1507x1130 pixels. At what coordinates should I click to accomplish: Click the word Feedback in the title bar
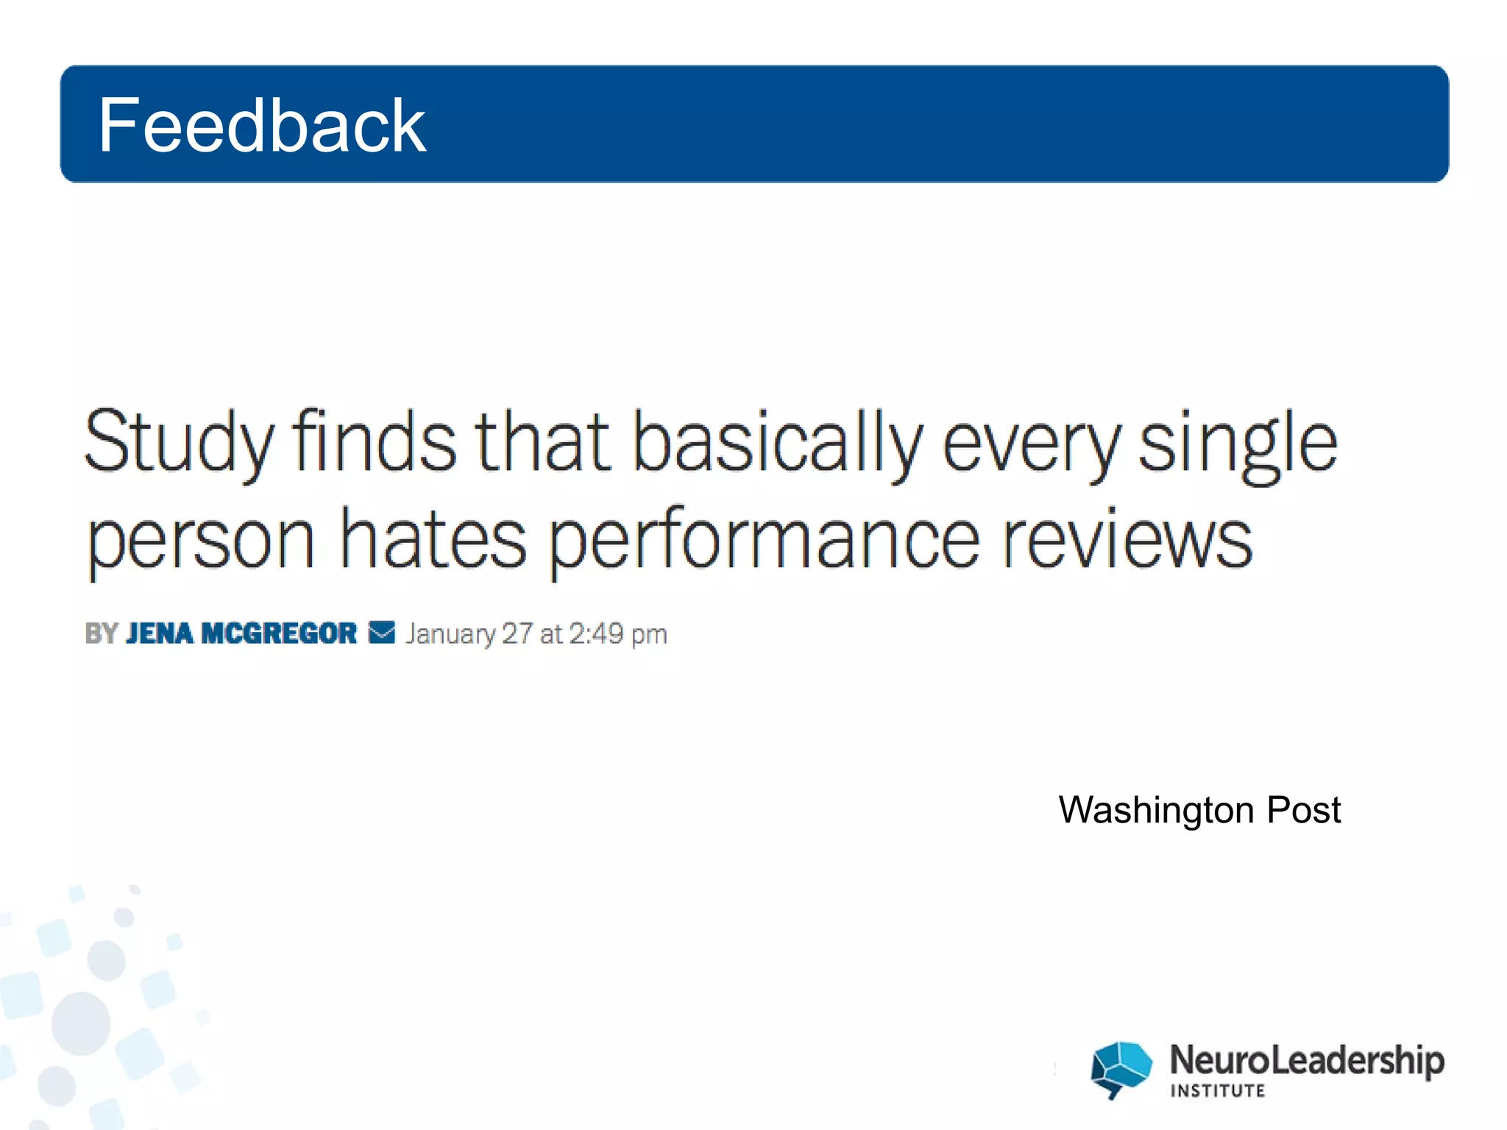261,125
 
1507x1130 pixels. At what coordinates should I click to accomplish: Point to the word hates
433,540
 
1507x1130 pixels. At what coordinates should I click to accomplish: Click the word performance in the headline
765,540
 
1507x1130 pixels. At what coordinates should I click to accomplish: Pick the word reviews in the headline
1127,540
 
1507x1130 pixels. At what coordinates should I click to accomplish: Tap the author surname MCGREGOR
279,633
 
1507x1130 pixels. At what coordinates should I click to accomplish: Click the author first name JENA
160,633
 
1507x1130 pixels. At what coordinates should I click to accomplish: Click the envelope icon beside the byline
381,633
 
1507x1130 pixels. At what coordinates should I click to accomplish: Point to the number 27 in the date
517,633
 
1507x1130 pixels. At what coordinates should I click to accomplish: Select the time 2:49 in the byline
596,633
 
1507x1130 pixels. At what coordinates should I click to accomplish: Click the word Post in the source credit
1304,811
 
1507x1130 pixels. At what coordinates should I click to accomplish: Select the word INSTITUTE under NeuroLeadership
1218,1091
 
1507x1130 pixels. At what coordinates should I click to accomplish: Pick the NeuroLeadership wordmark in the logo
1307,1060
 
